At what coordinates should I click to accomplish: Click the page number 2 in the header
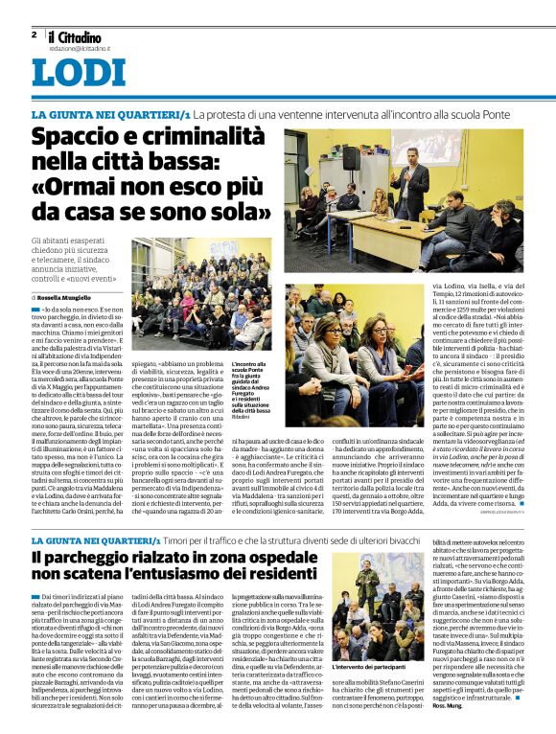coord(34,34)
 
